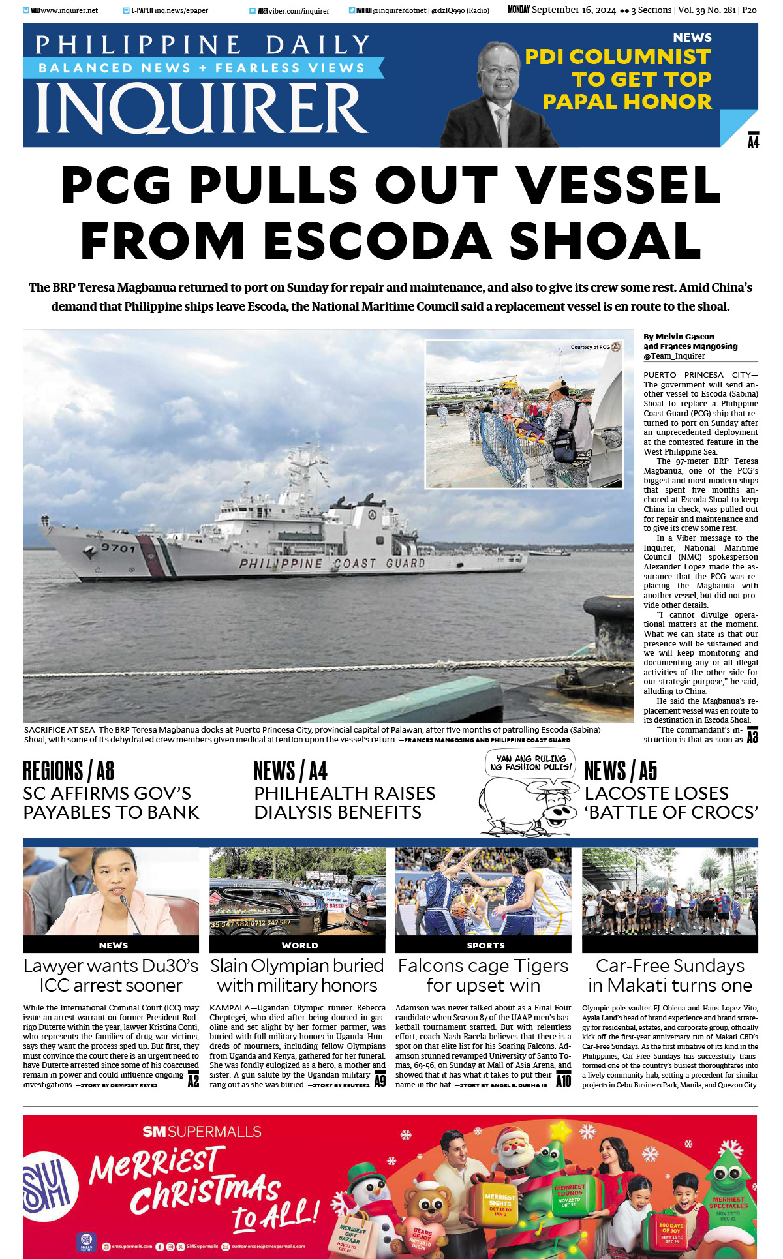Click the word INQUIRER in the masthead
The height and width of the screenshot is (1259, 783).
tap(202, 109)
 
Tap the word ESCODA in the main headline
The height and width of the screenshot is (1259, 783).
tap(378, 241)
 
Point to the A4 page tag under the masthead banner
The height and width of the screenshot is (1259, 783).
tap(753, 142)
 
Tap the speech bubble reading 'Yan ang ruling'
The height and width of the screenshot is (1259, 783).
tap(530, 763)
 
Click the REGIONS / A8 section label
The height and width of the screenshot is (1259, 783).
tap(69, 771)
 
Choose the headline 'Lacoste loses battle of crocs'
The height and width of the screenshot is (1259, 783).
tap(671, 803)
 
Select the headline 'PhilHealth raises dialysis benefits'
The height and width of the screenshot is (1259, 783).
tap(344, 803)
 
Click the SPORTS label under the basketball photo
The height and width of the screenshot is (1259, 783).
tap(485, 945)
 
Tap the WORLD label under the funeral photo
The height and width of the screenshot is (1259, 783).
tap(299, 945)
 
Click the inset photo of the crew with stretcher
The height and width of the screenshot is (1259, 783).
tap(523, 414)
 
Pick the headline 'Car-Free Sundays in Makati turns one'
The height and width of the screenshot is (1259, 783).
tap(669, 975)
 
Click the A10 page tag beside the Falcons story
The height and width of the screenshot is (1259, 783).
tap(563, 1080)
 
